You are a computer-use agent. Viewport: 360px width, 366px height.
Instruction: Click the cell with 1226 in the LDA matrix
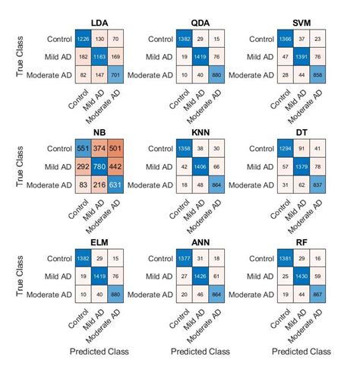[x=82, y=38]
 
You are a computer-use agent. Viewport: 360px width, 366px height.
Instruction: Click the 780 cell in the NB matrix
[x=99, y=168]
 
